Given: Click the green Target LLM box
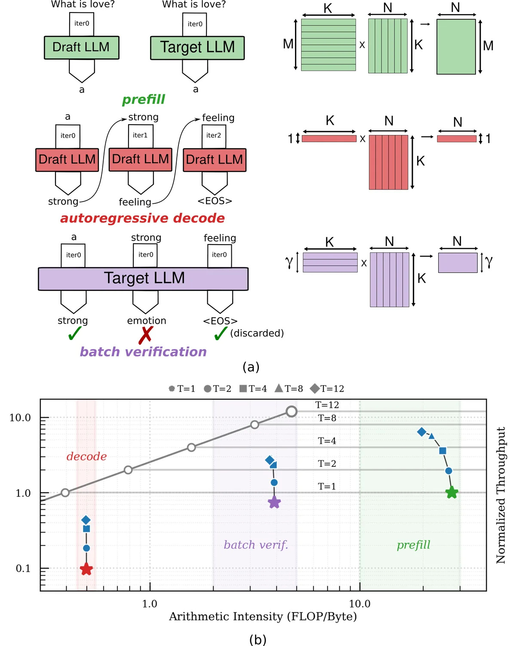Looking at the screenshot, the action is coord(197,48).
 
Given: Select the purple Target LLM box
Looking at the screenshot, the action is coord(143,279).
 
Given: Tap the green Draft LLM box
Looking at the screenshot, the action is coord(81,47).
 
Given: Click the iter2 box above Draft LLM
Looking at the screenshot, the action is coord(214,136).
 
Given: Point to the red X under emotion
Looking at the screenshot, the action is coord(146,335).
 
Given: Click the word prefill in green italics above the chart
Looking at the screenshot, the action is coord(143,99).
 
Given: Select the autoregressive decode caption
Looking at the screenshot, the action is coord(142,218).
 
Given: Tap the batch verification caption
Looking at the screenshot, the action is coord(143,352).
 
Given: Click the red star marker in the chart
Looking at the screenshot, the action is coord(86,569).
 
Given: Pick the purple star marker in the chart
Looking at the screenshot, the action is coord(274,502).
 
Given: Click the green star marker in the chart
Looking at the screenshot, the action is coord(451,493).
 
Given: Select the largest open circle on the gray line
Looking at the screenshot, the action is coord(292,411).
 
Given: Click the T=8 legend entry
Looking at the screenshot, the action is coord(289,389).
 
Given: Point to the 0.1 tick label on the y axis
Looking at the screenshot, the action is coord(23,568).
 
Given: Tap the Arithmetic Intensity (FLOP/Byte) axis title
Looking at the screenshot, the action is coord(262,616).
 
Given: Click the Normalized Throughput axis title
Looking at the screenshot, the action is coord(501,495).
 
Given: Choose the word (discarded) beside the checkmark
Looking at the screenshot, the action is coord(257,333).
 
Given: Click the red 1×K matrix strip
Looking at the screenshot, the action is coord(329,138).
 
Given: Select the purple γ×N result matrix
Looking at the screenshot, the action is coord(458,263).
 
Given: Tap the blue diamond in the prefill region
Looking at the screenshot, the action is coord(421,432).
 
